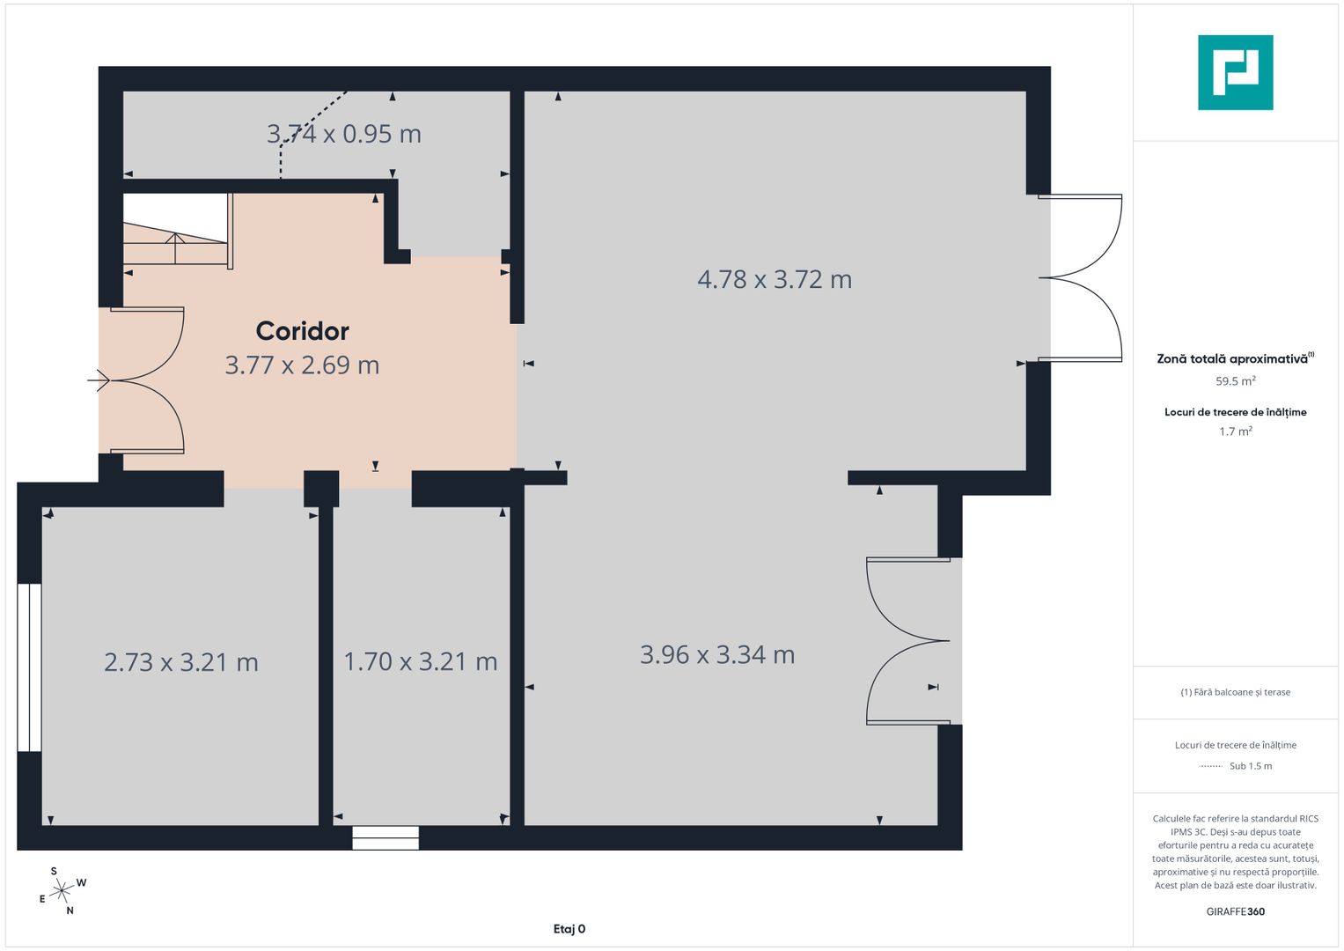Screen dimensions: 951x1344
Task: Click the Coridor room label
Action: coord(302,331)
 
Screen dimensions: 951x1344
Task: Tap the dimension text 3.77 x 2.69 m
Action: coord(302,365)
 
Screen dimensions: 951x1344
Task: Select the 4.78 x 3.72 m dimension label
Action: coord(775,279)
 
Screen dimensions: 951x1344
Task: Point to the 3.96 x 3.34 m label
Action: coord(717,655)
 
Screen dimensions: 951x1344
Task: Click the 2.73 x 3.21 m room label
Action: coord(181,662)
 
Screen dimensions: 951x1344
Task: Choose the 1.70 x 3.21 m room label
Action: coord(420,661)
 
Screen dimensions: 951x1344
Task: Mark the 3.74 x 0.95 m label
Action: coord(344,134)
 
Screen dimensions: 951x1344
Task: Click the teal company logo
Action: coord(1235,72)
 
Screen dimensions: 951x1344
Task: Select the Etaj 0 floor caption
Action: coord(569,929)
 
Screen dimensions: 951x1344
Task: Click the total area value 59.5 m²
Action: coord(1235,381)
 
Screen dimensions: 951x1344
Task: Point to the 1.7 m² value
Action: coord(1235,431)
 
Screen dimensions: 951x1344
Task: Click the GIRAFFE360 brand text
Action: coord(1235,911)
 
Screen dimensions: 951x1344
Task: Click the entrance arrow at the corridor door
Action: coord(99,380)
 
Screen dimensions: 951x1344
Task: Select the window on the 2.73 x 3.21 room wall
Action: coord(30,667)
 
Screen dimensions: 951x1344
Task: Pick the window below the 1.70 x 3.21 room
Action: coord(386,837)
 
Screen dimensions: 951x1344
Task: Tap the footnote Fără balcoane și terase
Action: coord(1235,692)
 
